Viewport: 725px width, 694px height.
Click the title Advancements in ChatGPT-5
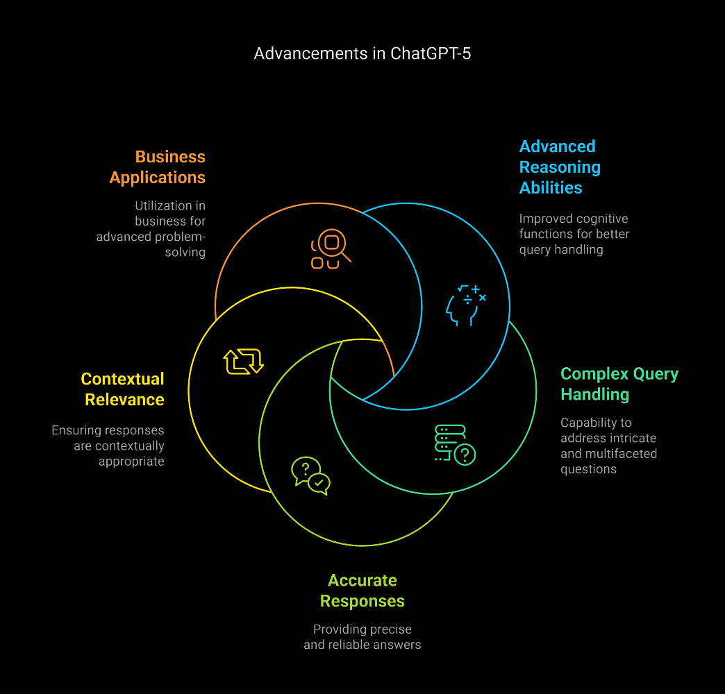[362, 53]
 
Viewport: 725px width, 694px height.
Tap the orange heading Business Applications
[158, 167]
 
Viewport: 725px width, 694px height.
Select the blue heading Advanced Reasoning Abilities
[560, 167]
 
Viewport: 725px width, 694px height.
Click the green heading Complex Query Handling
[619, 384]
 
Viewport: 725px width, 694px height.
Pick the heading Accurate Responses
[362, 591]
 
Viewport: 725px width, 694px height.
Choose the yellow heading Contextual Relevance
[123, 389]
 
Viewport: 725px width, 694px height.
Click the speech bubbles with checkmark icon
[310, 475]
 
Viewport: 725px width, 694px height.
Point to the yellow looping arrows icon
[243, 362]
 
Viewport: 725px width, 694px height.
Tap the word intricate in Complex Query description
[633, 438]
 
